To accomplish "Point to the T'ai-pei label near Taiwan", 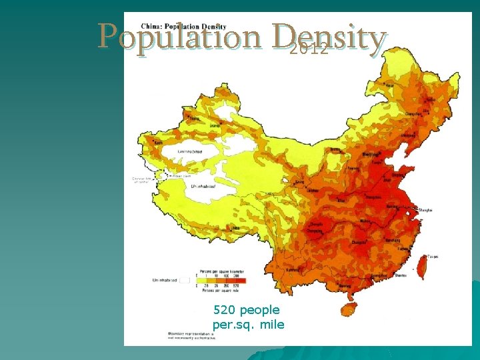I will [433, 256].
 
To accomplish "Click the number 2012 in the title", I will [309, 49].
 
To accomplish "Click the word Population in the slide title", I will [179, 36].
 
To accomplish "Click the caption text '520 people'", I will [247, 310].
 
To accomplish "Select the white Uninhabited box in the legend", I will [185, 281].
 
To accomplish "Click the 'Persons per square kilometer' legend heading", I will [221, 272].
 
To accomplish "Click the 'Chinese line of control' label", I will [143, 180].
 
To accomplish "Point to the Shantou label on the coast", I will [402, 275].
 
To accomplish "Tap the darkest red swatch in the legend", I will [241, 281].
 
